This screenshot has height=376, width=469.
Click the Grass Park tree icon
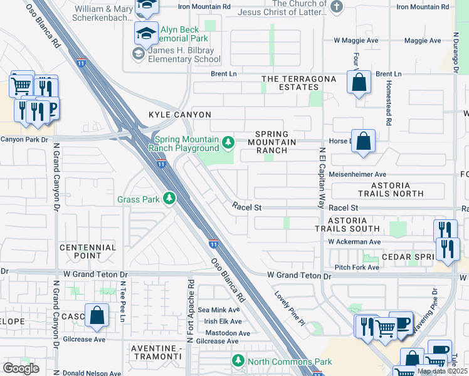tap(169, 199)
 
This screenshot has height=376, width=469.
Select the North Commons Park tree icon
tap(238, 361)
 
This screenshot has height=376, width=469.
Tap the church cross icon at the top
tap(337, 7)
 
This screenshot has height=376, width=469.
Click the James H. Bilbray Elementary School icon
tap(137, 54)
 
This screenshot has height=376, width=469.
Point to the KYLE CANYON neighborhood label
tap(179, 115)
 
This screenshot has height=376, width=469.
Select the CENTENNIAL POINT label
tap(88, 251)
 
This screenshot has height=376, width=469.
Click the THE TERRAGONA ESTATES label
tap(298, 83)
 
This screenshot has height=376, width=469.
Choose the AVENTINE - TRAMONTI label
tap(160, 352)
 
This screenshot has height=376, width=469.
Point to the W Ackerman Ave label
tap(354, 241)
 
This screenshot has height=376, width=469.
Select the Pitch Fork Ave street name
tap(357, 268)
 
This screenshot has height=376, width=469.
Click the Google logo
tap(21, 368)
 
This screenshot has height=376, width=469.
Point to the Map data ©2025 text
tap(442, 371)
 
